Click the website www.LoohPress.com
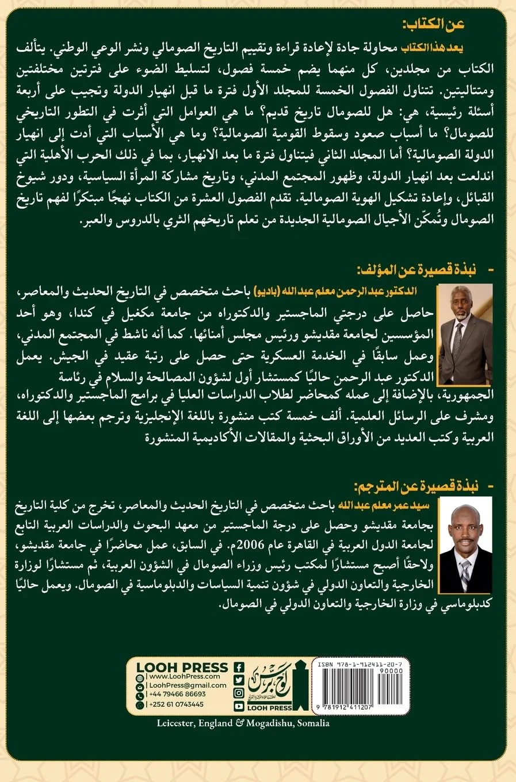pyautogui.click(x=180, y=677)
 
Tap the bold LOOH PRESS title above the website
pyautogui.click(x=182, y=667)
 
